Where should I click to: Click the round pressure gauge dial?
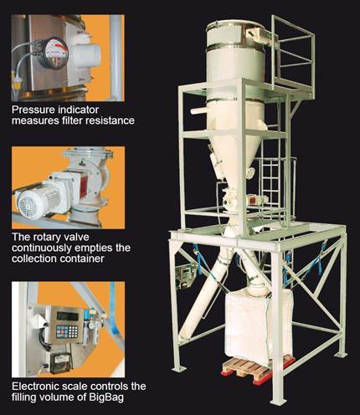point(53,53)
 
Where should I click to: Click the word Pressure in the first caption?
point(33,110)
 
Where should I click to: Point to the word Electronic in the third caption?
point(33,387)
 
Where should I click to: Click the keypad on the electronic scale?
point(67,330)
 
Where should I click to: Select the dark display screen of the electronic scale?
point(67,315)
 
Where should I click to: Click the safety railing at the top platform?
point(293,53)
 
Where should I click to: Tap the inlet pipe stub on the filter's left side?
point(199,111)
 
